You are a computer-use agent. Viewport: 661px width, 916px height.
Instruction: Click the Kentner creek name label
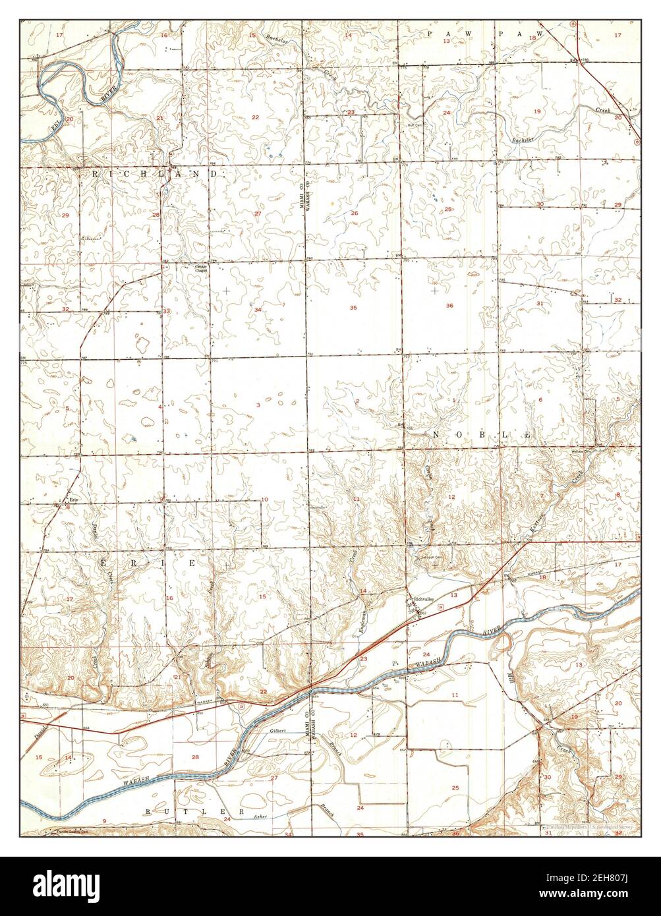[537, 525]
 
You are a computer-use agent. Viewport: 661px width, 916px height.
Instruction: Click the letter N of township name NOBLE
[436, 435]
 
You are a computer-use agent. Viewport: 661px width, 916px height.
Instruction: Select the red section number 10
[264, 500]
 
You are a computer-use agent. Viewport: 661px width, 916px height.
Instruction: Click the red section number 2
[357, 401]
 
